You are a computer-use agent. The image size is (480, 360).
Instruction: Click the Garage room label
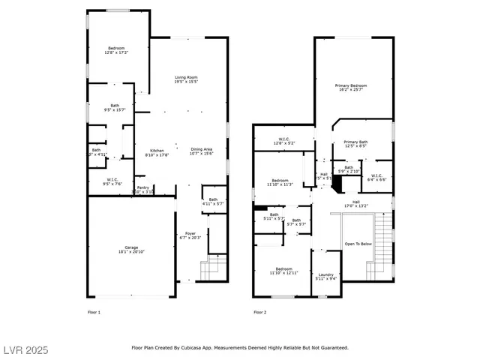click(121, 250)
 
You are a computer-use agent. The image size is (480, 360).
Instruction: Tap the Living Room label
click(186, 79)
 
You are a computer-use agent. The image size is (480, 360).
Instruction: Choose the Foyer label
click(190, 235)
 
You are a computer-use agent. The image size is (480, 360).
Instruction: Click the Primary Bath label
click(355, 144)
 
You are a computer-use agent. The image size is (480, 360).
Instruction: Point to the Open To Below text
click(358, 244)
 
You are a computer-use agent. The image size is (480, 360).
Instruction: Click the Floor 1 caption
click(94, 312)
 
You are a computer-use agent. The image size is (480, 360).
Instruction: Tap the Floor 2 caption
click(259, 312)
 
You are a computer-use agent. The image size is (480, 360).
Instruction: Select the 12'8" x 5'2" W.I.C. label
click(285, 140)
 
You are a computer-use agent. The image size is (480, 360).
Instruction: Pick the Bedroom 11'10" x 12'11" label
click(283, 271)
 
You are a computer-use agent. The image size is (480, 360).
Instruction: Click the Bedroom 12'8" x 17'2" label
click(115, 50)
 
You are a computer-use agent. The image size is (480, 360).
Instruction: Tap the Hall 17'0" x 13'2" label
click(356, 203)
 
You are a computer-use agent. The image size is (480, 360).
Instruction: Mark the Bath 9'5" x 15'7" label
click(115, 107)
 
